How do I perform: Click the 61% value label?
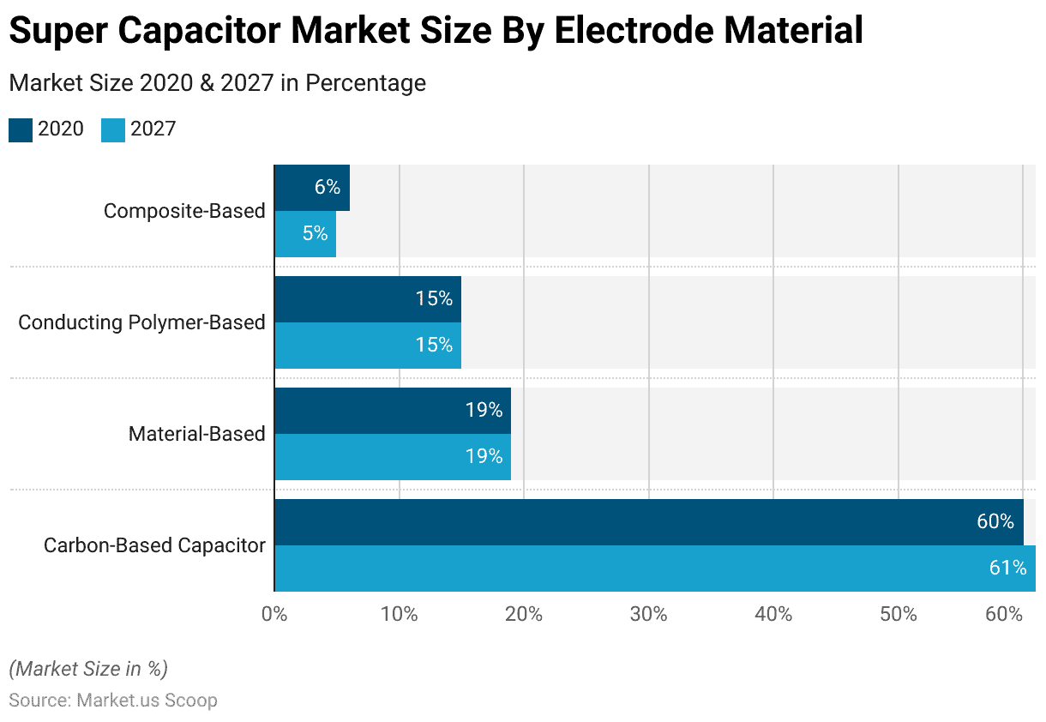(1007, 568)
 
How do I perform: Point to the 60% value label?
(995, 521)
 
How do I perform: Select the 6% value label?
(327, 187)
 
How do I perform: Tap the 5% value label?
(315, 233)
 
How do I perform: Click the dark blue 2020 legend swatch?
(21, 129)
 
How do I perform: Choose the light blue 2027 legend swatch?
(113, 129)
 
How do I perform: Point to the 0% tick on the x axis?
(274, 615)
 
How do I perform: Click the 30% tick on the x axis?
(648, 615)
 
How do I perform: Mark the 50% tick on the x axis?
(898, 615)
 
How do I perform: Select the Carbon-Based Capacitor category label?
(154, 545)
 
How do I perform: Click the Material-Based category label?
(196, 434)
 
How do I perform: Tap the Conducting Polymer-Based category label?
(141, 322)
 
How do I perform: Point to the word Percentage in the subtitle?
(366, 83)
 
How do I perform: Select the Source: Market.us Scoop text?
(113, 701)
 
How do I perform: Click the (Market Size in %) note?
(88, 669)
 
